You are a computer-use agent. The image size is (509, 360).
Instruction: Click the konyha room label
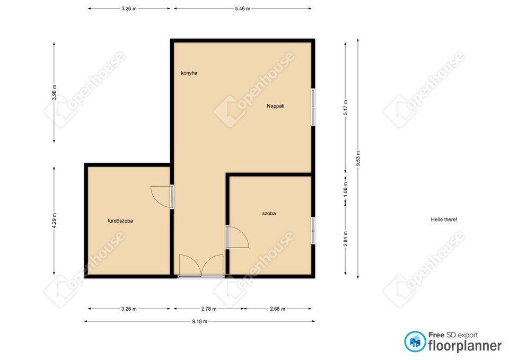(x=189, y=73)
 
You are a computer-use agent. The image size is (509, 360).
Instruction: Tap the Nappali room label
(x=275, y=106)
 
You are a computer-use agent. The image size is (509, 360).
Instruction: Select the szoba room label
(x=269, y=213)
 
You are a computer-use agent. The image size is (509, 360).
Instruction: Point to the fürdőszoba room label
(x=120, y=221)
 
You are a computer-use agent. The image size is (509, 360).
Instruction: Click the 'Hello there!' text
(x=444, y=219)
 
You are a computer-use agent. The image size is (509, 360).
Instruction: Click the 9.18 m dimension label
(x=200, y=321)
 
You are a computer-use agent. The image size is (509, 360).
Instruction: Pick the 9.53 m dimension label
(x=358, y=159)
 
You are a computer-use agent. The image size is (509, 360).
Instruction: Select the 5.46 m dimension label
(x=242, y=9)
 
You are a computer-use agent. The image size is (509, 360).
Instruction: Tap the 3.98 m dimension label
(x=54, y=92)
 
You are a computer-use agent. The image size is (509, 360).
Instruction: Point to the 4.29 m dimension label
(x=54, y=221)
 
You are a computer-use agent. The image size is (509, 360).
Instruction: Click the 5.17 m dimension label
(x=346, y=108)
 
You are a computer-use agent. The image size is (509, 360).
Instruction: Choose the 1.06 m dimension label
(x=346, y=188)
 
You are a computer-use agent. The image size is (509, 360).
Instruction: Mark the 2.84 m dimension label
(x=346, y=239)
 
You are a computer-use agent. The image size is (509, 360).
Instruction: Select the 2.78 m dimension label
(x=209, y=309)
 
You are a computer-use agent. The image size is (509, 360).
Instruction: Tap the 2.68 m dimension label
(x=277, y=309)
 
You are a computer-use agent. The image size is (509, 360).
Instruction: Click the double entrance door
(x=201, y=266)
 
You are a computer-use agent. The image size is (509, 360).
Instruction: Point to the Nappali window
(x=313, y=107)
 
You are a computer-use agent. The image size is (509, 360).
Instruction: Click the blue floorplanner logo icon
(x=415, y=341)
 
